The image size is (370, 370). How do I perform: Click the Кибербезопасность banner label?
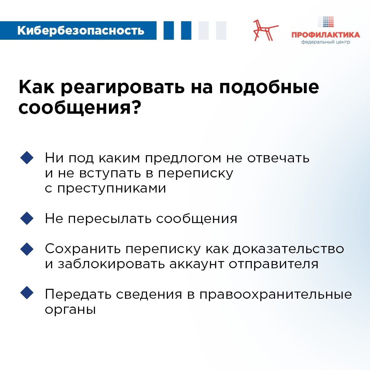(x=81, y=30)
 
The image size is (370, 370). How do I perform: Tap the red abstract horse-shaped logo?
(x=266, y=30)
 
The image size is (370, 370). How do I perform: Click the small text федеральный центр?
(x=325, y=42)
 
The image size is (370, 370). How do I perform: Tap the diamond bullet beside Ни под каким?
(x=27, y=158)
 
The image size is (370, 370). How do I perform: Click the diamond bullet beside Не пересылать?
(x=27, y=218)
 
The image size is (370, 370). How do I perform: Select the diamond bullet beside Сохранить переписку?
(x=27, y=249)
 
